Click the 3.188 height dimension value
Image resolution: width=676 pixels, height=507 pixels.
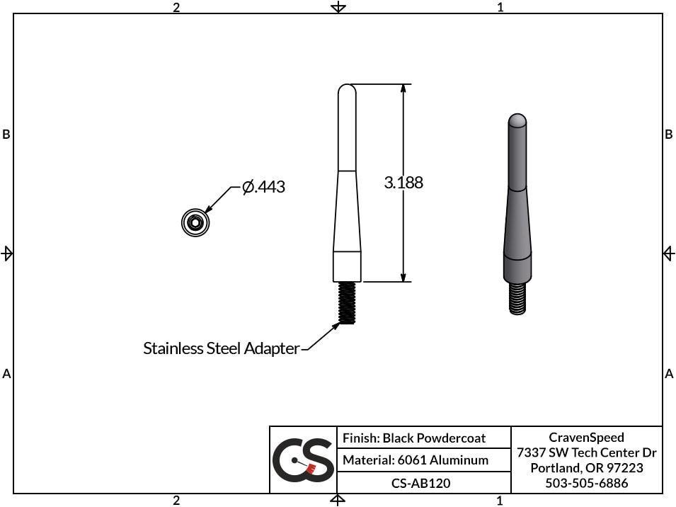(x=403, y=183)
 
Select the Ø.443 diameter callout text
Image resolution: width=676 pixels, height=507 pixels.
(x=263, y=187)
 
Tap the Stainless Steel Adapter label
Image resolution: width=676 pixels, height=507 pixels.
(x=221, y=348)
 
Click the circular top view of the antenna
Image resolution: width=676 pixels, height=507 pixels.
(x=195, y=223)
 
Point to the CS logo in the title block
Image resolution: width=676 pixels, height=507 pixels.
(x=303, y=460)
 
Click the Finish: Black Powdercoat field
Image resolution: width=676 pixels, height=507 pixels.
(x=414, y=438)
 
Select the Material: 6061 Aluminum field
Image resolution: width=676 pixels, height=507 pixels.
(x=416, y=460)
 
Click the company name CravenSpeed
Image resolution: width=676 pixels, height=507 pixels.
(x=586, y=437)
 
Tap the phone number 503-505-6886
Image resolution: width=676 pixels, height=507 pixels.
(x=586, y=483)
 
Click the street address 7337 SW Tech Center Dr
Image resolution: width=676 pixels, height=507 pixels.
(x=586, y=452)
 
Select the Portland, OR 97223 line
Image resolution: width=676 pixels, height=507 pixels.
(x=586, y=468)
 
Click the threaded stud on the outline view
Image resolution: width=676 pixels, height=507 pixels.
(x=347, y=302)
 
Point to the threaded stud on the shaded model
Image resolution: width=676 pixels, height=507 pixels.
(x=517, y=297)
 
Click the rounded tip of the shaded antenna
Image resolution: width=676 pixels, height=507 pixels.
(x=517, y=119)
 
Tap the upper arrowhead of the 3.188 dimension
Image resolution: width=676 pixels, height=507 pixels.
(x=403, y=89)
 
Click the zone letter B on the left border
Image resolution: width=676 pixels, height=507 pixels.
(x=6, y=135)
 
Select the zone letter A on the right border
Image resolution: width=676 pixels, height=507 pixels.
(x=669, y=374)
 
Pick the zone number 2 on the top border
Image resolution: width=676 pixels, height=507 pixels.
(x=176, y=7)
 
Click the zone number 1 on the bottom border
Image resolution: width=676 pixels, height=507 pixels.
(x=500, y=501)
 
